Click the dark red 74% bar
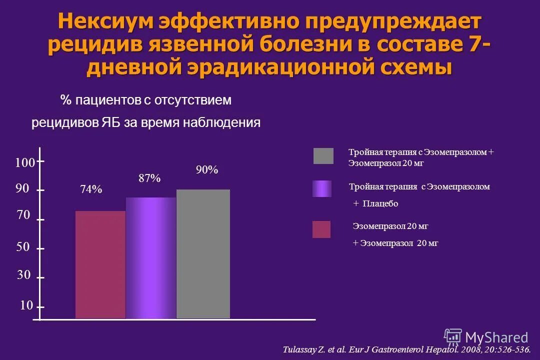pyautogui.click(x=100, y=264)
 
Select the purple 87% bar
pyautogui.click(x=151, y=257)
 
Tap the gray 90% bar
pyautogui.click(x=203, y=253)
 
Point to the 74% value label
pyautogui.click(x=91, y=189)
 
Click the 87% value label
pyautogui.click(x=149, y=178)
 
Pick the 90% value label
pyautogui.click(x=207, y=170)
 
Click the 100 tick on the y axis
pyautogui.click(x=24, y=163)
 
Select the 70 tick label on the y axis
pyautogui.click(x=23, y=215)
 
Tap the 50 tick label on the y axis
pyautogui.click(x=23, y=247)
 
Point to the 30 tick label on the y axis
pyautogui.click(x=24, y=275)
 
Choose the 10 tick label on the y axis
pyautogui.click(x=26, y=305)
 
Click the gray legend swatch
pyautogui.click(x=323, y=156)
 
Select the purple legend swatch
pyautogui.click(x=322, y=188)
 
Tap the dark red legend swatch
pyautogui.click(x=321, y=229)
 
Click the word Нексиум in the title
pyautogui.click(x=104, y=21)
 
